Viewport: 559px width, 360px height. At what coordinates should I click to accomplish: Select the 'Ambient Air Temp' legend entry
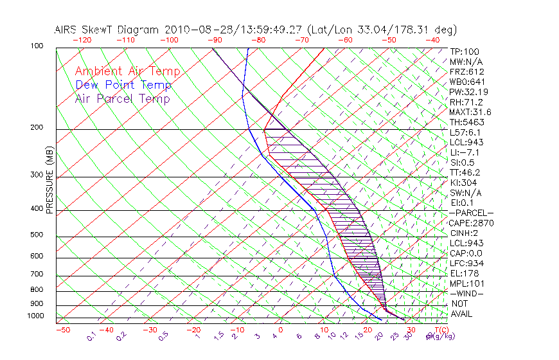point(128,71)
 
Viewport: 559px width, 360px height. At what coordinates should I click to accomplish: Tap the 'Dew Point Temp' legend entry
point(123,85)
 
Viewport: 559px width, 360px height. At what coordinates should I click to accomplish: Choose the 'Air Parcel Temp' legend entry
point(123,98)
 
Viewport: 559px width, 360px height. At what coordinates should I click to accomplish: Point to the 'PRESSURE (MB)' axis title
point(49,179)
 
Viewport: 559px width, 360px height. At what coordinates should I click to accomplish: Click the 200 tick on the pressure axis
point(37,128)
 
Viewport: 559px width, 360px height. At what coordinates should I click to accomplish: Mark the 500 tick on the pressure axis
point(37,235)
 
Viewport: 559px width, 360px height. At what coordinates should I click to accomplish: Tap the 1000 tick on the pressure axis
point(35,316)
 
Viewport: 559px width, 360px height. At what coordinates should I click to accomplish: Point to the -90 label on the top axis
point(213,40)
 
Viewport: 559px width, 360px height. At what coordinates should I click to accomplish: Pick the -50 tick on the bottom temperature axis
point(62,330)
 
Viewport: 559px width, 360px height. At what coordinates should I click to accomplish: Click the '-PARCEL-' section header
point(472,213)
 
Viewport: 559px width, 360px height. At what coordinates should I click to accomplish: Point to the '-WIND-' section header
point(467,293)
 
